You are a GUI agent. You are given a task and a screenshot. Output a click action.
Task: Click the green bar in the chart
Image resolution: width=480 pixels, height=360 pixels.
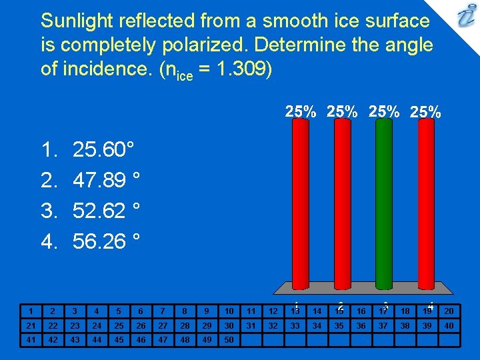(383, 207)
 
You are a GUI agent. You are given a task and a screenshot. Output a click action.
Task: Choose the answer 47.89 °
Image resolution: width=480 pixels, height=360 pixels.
(106, 181)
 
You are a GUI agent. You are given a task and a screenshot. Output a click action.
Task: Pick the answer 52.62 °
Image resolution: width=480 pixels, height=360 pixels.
(106, 211)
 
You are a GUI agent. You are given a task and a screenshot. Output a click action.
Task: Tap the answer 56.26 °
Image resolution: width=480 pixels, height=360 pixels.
(106, 241)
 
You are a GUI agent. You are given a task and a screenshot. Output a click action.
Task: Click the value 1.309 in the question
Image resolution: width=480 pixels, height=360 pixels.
(237, 70)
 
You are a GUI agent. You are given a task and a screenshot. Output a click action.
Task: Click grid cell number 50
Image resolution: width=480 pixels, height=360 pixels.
(229, 339)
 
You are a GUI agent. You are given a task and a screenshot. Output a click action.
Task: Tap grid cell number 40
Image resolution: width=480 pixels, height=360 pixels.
(449, 325)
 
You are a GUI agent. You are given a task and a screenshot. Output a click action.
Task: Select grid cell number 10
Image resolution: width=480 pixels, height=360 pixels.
(229, 311)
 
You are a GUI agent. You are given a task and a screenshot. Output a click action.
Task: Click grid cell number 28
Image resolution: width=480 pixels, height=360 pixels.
(185, 325)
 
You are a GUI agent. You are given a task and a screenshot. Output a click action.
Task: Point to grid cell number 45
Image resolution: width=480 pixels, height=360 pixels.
(119, 339)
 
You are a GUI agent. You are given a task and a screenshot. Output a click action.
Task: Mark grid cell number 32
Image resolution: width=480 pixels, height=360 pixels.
(273, 325)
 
